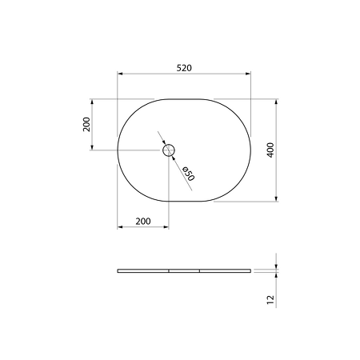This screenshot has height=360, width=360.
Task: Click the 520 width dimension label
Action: click(x=184, y=68)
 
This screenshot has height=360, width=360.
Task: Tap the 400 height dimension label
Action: click(x=270, y=150)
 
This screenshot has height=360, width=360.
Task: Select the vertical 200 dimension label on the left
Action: click(x=86, y=124)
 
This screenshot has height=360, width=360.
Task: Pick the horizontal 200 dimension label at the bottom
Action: click(x=143, y=221)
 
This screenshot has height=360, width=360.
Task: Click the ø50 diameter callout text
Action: click(x=188, y=174)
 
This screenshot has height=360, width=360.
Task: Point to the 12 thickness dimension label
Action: click(x=270, y=300)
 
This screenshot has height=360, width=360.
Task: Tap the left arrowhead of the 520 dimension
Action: click(x=120, y=74)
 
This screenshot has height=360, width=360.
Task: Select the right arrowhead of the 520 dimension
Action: click(x=248, y=74)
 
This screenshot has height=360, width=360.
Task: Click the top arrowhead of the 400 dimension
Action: click(x=276, y=102)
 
